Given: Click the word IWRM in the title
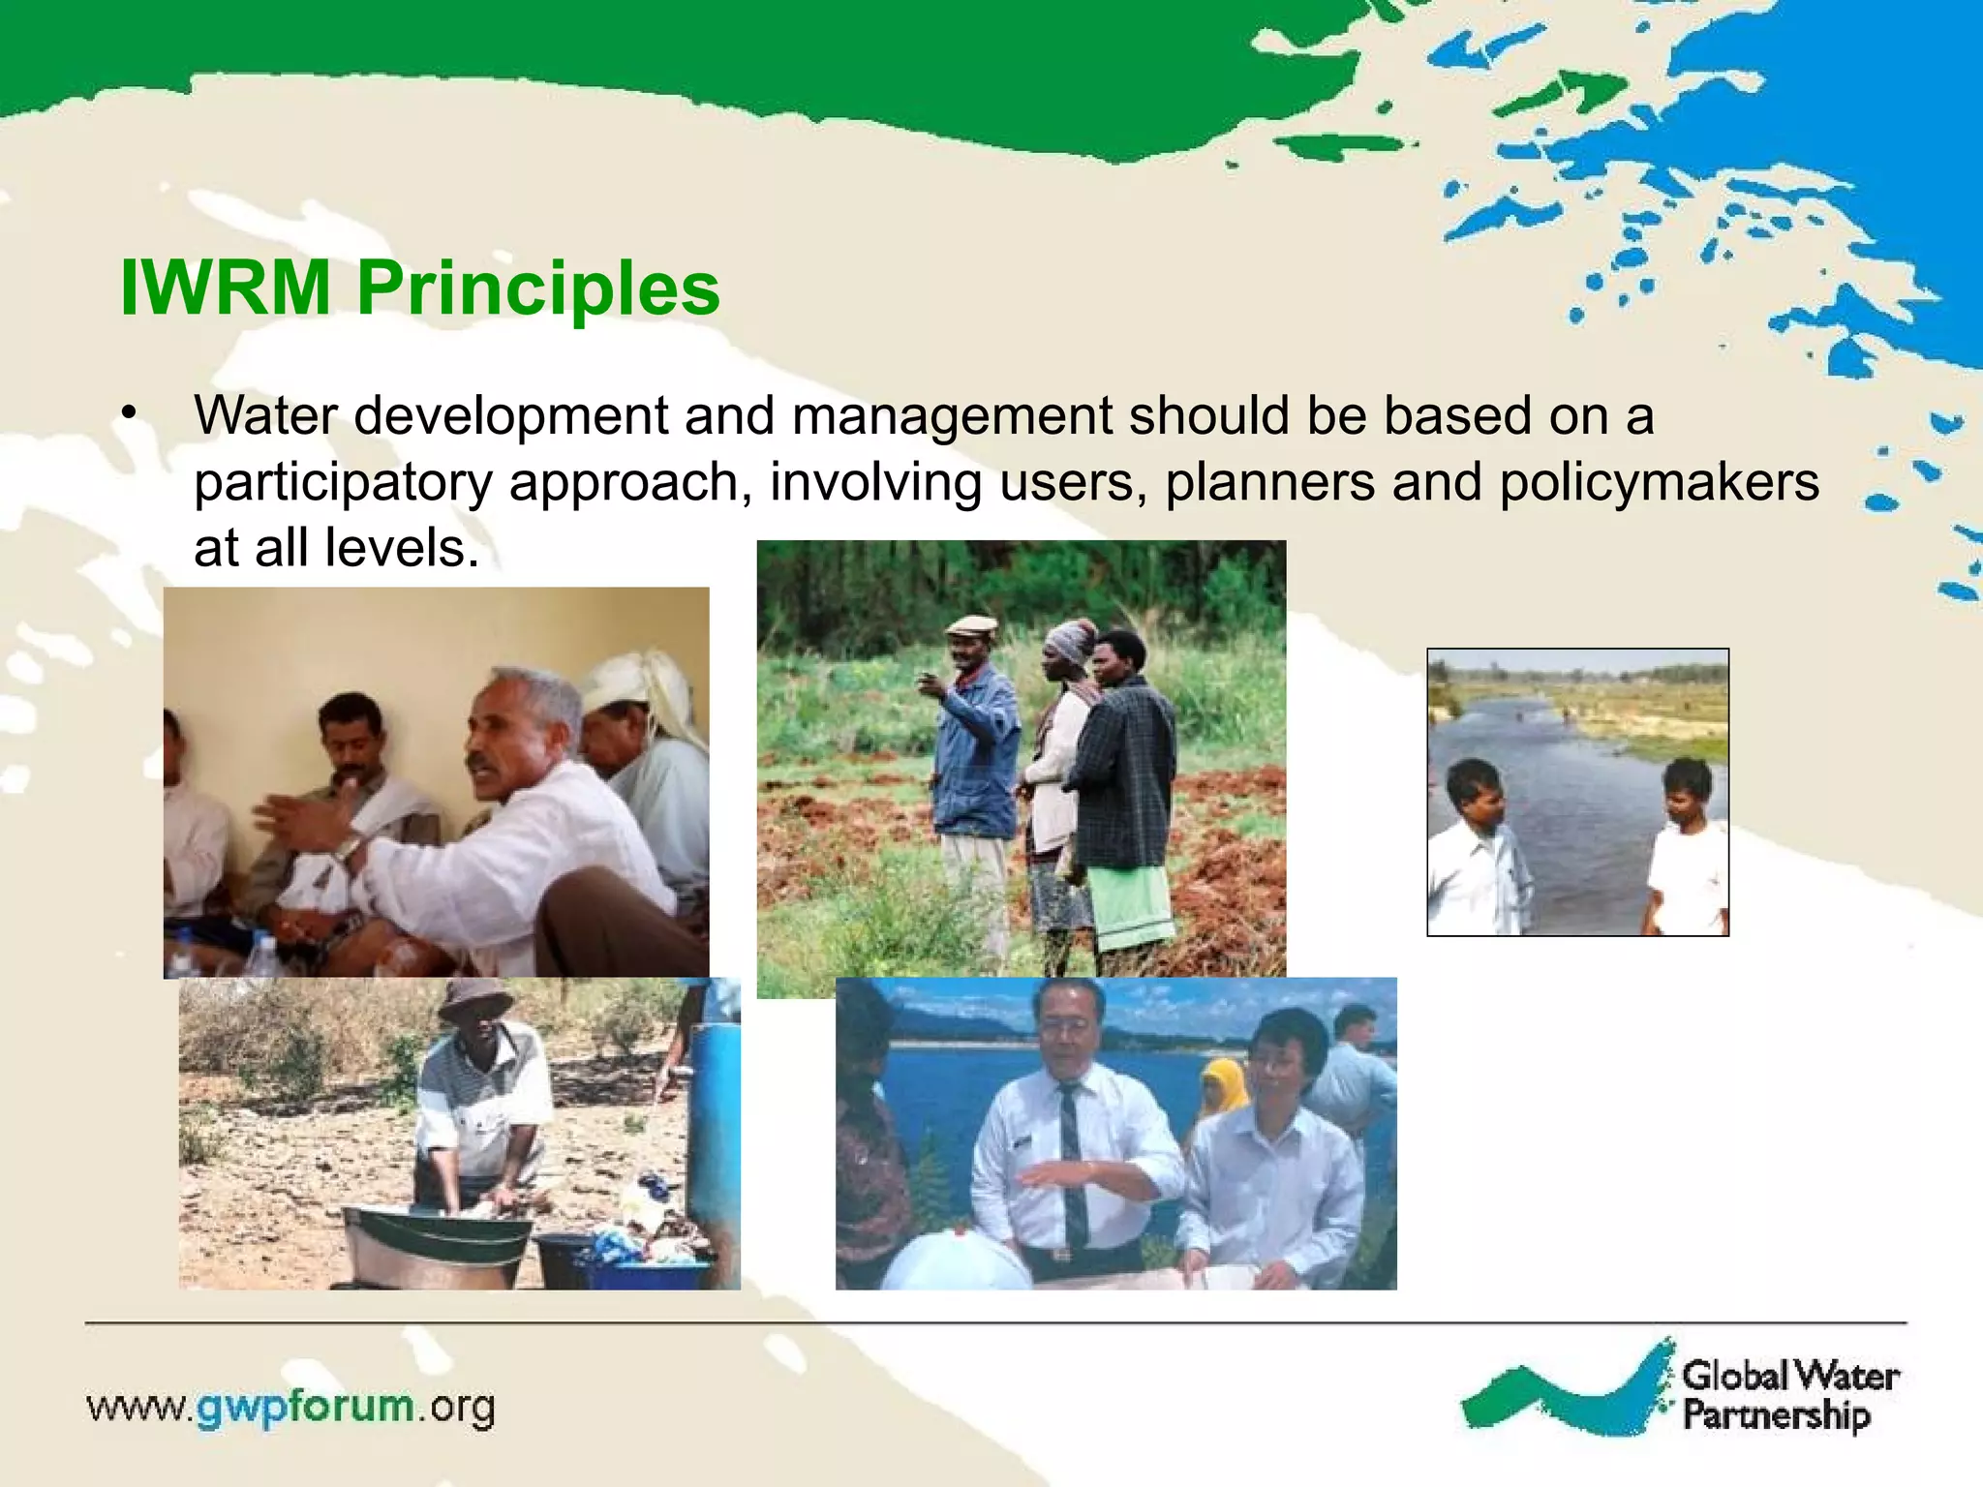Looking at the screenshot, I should [x=225, y=288].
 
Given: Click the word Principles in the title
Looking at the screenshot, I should [x=538, y=289].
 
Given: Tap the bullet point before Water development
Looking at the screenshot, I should [x=129, y=414].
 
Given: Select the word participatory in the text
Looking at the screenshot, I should [x=343, y=482].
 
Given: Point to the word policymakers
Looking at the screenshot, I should [x=1659, y=481].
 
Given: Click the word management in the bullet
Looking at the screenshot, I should [x=952, y=416].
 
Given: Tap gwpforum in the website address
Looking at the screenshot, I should [x=305, y=1405].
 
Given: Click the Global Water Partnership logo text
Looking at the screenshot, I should [x=1789, y=1394].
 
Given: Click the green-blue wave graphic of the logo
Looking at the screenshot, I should [x=1569, y=1394].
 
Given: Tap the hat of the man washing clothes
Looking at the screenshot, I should [x=474, y=997].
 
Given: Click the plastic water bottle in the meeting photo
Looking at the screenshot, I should [x=259, y=954].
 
